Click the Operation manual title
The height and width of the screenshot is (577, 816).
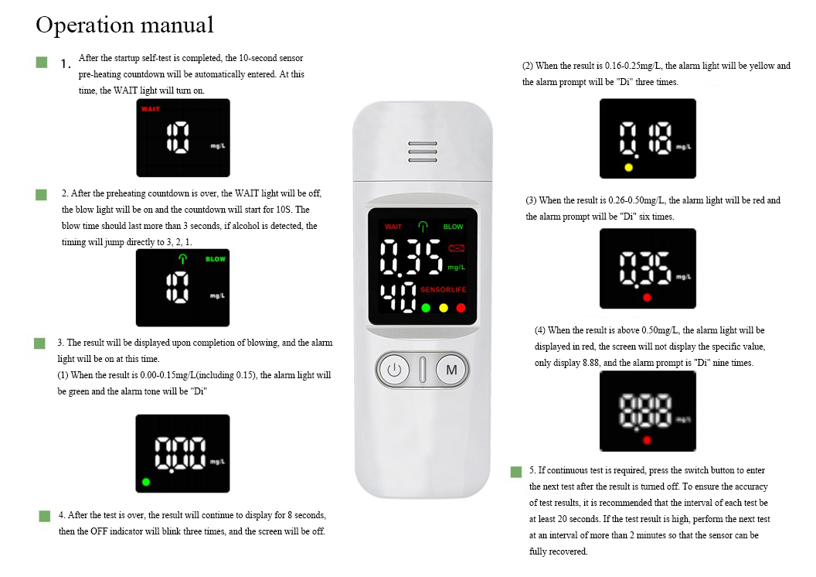click(x=125, y=25)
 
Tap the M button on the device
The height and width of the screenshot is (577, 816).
click(x=451, y=370)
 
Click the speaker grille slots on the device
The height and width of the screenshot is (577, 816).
click(x=423, y=152)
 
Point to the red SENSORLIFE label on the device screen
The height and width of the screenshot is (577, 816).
click(x=443, y=289)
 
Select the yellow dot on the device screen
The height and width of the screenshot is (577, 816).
click(x=444, y=308)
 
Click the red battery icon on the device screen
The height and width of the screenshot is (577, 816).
click(x=457, y=248)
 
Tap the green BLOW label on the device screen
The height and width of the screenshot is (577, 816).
click(x=453, y=227)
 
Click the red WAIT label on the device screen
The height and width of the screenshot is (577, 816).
click(x=393, y=227)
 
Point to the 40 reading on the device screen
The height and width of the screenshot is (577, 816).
click(x=398, y=297)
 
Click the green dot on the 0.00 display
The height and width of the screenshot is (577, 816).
click(x=146, y=482)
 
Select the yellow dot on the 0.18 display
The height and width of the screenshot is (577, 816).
click(x=629, y=167)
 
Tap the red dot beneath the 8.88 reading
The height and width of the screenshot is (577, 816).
click(x=647, y=440)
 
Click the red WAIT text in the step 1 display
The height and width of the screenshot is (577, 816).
click(x=151, y=109)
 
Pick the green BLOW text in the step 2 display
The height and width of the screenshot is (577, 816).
click(x=216, y=259)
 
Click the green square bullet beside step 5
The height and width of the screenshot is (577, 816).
click(x=516, y=472)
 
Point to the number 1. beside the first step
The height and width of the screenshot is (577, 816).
click(x=66, y=64)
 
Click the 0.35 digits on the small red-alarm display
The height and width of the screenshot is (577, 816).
click(x=644, y=268)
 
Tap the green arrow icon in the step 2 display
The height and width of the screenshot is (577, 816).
click(x=182, y=258)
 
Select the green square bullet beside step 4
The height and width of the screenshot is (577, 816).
click(x=45, y=516)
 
